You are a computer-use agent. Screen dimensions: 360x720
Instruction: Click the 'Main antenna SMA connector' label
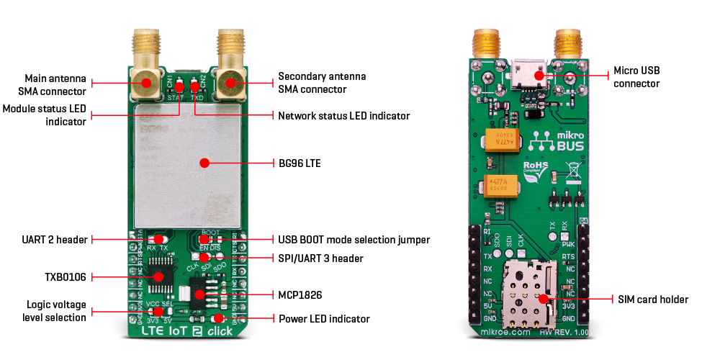tap(55, 84)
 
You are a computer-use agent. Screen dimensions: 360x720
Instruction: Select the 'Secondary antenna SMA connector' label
tap(322, 83)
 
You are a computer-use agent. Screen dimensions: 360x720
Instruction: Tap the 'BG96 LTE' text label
tap(300, 163)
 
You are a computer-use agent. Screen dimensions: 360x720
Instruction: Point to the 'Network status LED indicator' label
tap(343, 116)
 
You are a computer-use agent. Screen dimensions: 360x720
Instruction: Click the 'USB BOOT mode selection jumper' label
tap(354, 239)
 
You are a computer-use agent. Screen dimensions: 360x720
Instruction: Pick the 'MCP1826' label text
tap(302, 294)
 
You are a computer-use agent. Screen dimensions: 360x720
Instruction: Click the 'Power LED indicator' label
tap(324, 318)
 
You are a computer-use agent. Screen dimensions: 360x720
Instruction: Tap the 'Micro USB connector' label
tap(636, 77)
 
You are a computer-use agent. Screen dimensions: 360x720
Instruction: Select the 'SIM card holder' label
tap(653, 299)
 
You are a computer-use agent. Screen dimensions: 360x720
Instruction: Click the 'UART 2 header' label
tap(56, 239)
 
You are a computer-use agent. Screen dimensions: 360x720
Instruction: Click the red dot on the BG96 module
tap(204, 163)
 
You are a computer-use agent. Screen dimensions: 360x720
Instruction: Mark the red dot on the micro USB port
tap(538, 75)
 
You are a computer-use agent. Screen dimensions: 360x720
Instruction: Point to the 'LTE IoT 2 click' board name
tap(186, 331)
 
